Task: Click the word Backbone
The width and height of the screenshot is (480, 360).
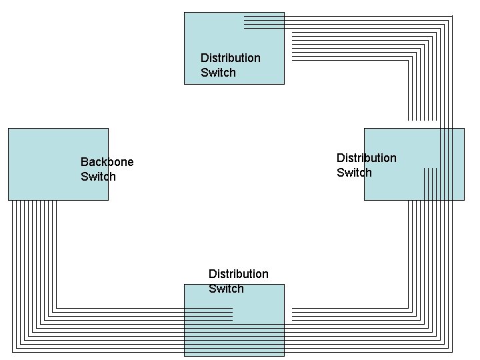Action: pos(107,162)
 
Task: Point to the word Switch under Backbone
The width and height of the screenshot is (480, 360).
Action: pos(98,177)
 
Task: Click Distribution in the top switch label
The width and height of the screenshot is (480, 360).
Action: pos(230,58)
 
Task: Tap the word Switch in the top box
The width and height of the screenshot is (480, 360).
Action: pos(218,73)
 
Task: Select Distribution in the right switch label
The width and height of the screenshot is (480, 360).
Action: pos(366,158)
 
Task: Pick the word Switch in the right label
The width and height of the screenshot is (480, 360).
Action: pos(354,173)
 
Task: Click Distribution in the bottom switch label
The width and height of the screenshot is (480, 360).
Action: pos(238,274)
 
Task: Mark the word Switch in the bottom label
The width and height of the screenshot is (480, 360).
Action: pos(226,289)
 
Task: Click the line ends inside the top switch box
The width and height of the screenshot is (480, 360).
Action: pos(263,22)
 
